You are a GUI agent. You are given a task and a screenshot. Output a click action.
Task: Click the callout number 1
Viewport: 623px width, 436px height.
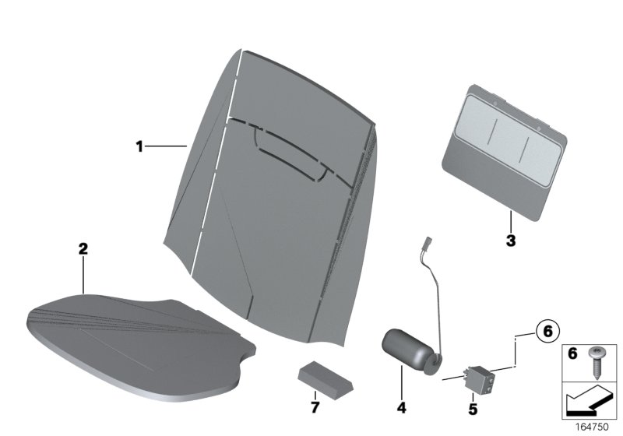point(139,146)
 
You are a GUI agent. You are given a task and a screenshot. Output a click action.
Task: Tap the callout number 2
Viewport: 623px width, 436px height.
point(83,249)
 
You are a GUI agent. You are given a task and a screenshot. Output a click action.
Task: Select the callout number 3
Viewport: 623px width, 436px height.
point(511,241)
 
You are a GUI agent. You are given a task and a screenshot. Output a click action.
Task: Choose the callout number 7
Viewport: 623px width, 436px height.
point(315,408)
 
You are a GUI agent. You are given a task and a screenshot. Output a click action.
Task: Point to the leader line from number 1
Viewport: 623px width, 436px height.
point(167,146)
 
